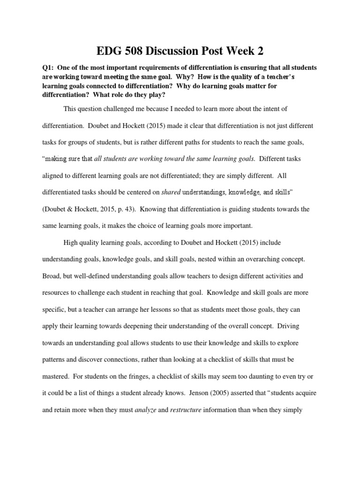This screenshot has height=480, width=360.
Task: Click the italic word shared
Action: point(171,192)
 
